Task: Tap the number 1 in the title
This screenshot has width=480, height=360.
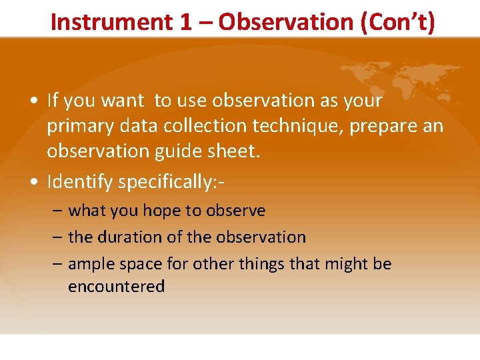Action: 185,22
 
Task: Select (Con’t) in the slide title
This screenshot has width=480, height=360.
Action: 398,22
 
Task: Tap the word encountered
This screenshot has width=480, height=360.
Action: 116,287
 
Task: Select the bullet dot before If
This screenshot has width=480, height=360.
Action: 33,101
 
